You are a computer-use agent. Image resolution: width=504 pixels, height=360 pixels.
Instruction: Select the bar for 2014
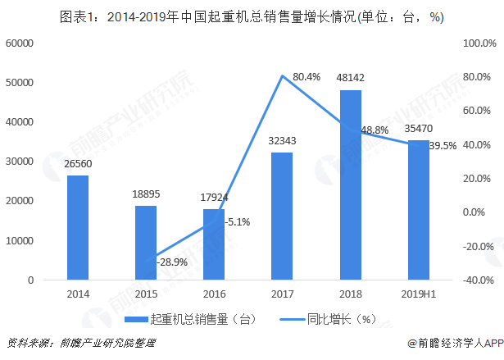(x=78, y=227)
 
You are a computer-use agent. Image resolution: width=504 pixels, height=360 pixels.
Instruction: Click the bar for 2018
(x=351, y=185)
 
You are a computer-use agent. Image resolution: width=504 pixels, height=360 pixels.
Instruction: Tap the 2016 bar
(x=214, y=244)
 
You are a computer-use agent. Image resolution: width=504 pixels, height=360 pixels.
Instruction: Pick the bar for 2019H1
(x=418, y=210)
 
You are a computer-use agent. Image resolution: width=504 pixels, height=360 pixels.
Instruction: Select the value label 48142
(x=350, y=78)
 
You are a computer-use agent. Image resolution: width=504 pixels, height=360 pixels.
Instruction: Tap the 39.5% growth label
(x=443, y=145)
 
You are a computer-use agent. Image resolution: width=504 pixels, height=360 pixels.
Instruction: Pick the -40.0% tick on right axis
(x=480, y=280)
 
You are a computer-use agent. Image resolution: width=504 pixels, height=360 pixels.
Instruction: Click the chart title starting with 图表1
(x=251, y=14)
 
